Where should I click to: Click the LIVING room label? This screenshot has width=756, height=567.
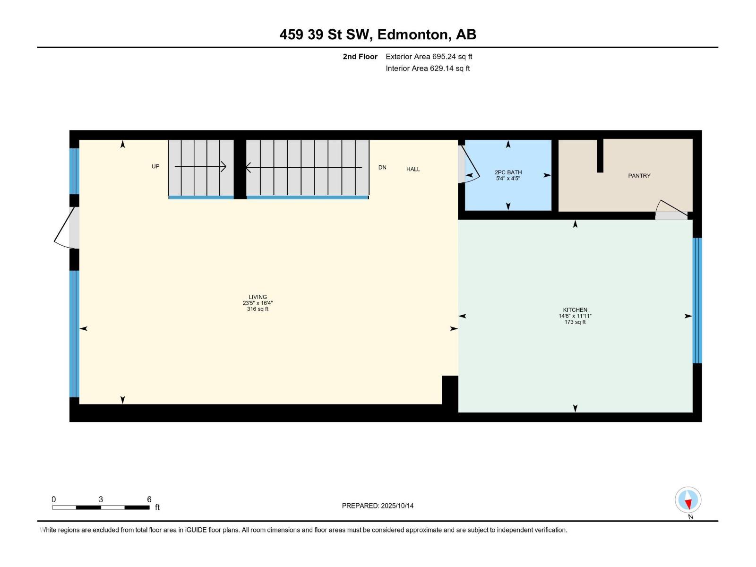tap(258, 297)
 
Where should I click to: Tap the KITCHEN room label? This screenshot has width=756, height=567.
tap(575, 310)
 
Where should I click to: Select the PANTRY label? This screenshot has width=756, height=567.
tap(639, 176)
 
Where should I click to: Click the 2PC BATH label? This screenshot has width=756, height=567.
tap(508, 172)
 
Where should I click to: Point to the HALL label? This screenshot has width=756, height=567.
tap(413, 169)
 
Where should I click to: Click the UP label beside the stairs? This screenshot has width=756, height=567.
tap(155, 166)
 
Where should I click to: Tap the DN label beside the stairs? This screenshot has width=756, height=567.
tap(382, 167)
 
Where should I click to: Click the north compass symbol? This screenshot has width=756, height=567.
tap(688, 500)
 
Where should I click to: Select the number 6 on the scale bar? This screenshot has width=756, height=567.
tap(149, 499)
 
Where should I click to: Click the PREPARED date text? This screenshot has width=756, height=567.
tap(378, 506)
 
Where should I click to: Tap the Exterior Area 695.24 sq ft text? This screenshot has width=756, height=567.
tap(429, 57)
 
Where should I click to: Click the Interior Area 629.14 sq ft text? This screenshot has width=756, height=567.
tap(428, 69)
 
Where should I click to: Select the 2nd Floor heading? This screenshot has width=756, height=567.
tap(360, 57)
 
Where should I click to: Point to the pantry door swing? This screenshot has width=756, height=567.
tap(671, 209)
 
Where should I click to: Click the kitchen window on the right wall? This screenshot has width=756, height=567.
tap(697, 301)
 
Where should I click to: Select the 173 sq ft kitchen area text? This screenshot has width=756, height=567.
tap(575, 322)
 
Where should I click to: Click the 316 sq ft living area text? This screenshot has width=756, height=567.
tap(258, 309)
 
